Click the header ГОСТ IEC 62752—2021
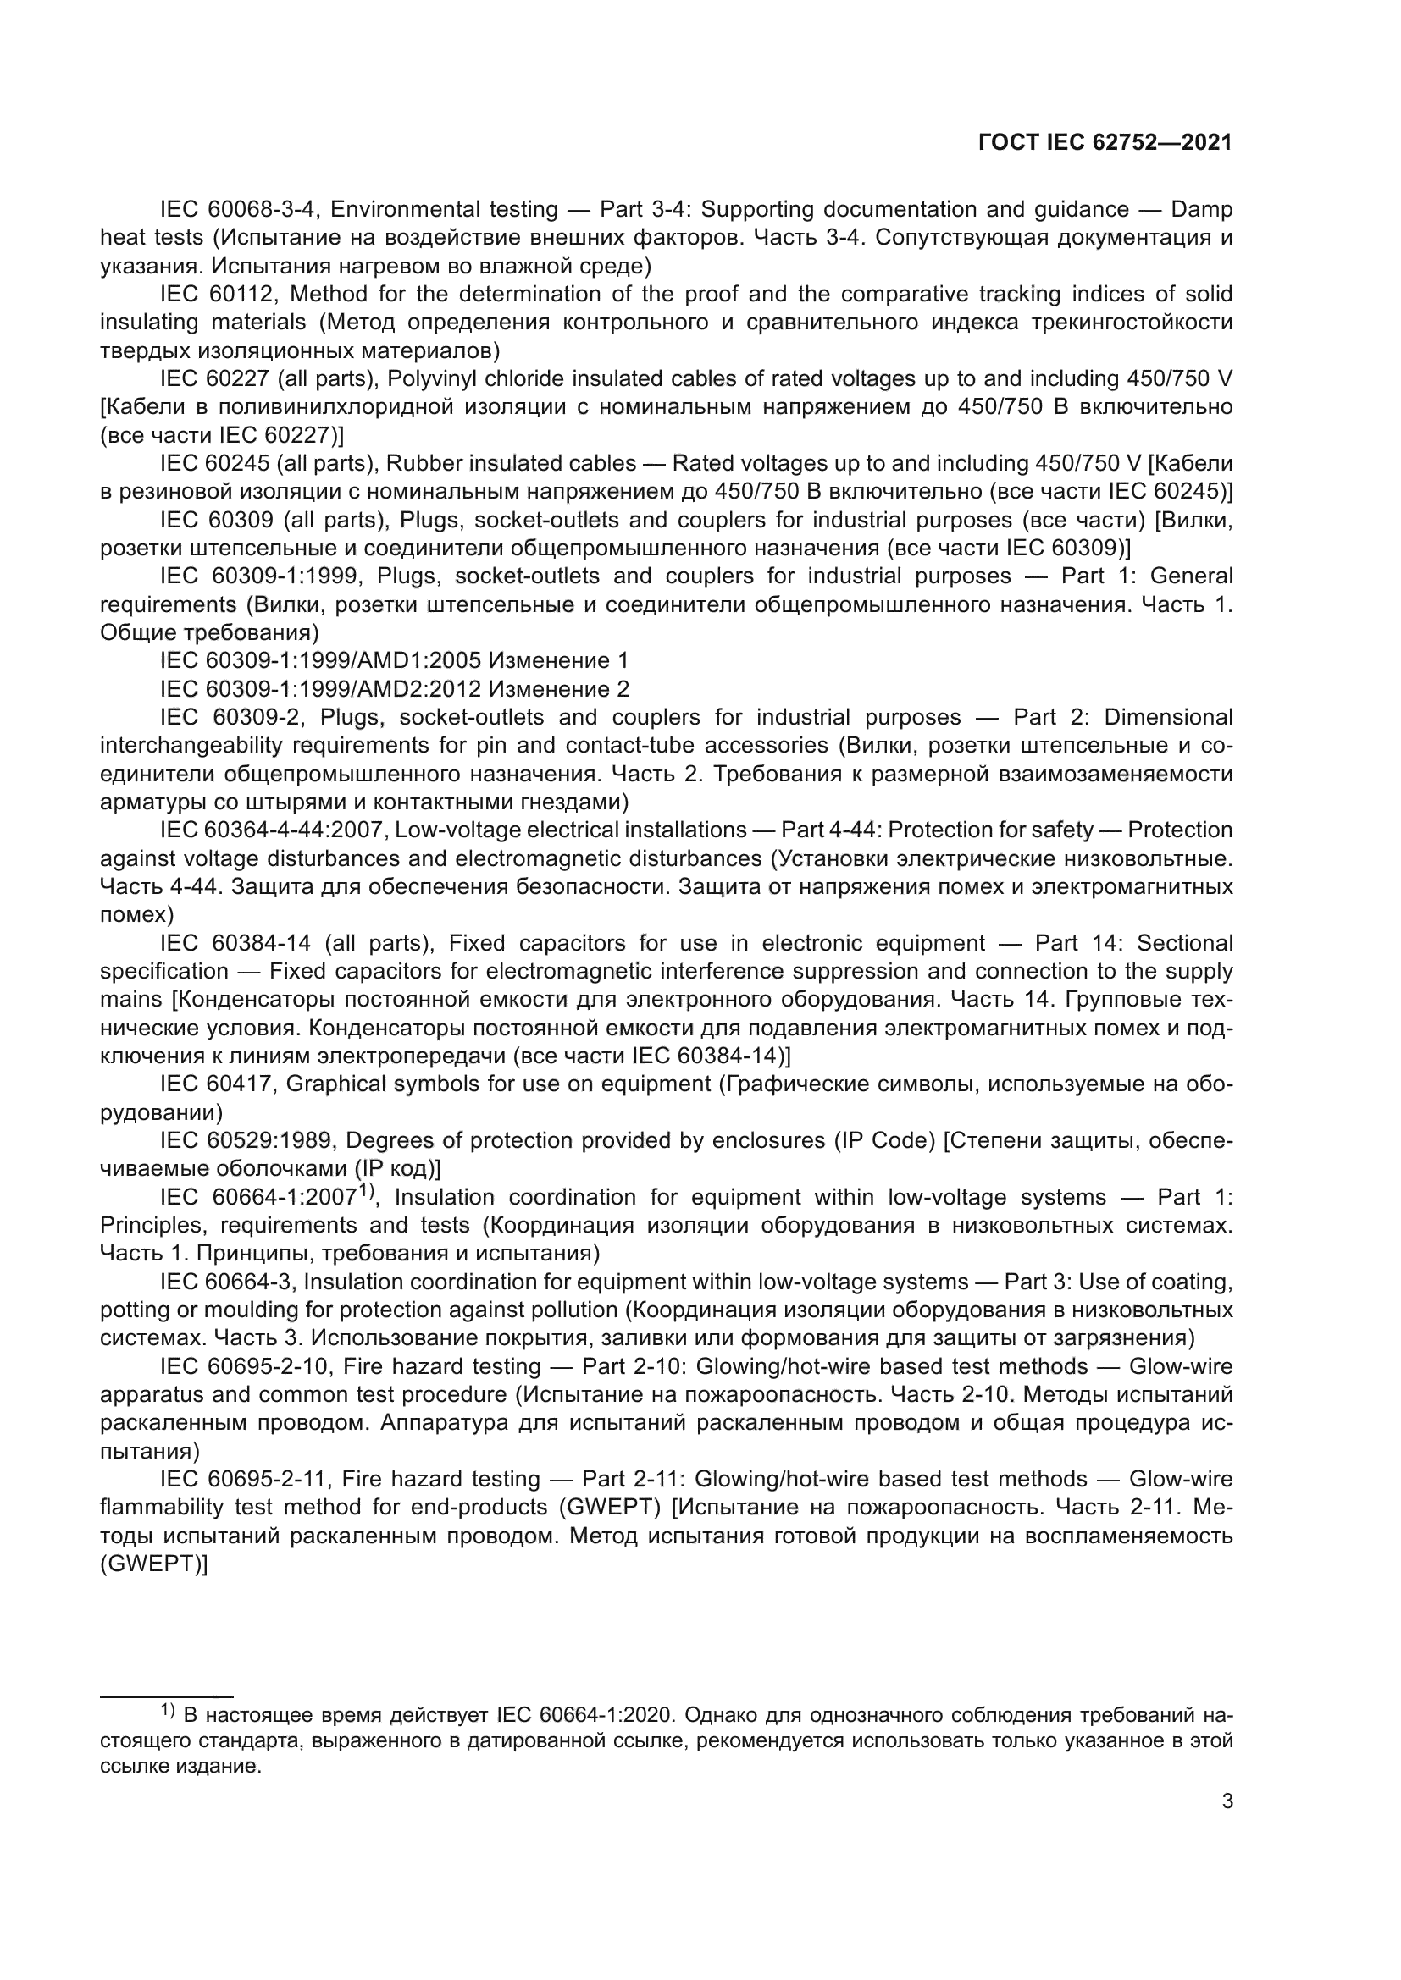[1105, 143]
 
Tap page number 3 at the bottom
[1227, 1801]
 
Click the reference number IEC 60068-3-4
[241, 210]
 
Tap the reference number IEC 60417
[218, 1084]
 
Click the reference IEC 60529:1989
[248, 1140]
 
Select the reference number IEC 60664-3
[229, 1282]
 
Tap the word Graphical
[335, 1084]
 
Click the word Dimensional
[1168, 718]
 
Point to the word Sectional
[1184, 942]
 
